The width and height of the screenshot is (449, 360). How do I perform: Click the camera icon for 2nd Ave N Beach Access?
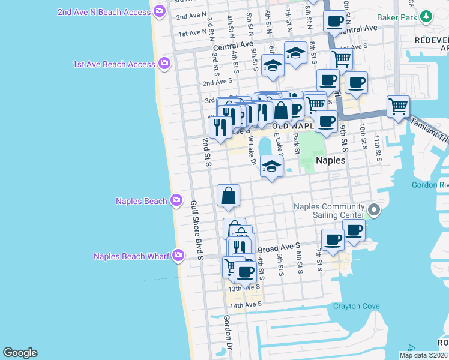159,11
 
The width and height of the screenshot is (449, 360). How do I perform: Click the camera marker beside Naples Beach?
176,200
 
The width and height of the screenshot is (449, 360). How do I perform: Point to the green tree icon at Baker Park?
426,17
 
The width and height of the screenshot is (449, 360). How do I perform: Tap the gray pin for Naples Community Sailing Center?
374,210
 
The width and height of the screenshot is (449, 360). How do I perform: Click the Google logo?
20,353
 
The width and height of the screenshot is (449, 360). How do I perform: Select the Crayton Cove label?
357,306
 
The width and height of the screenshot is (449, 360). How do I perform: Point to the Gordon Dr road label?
228,336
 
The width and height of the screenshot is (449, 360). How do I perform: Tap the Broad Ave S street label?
279,247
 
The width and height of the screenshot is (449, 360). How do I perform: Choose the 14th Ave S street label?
244,305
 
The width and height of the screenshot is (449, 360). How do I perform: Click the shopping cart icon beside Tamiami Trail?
398,107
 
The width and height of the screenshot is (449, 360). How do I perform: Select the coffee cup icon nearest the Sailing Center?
354,229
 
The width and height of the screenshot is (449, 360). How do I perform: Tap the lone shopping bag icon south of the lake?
228,196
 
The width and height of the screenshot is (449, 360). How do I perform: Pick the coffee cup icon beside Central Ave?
334,22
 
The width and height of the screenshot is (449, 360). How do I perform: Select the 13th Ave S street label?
244,287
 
